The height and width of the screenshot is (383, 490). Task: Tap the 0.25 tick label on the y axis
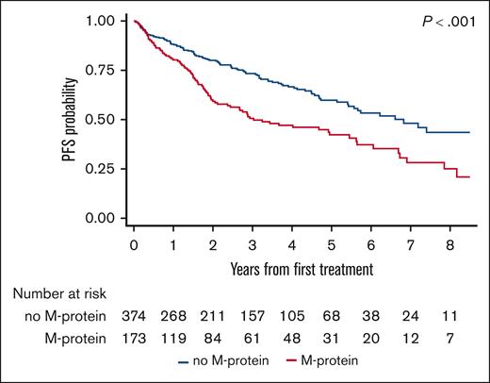coord(107,169)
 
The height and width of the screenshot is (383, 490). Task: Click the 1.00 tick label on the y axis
coord(107,21)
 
